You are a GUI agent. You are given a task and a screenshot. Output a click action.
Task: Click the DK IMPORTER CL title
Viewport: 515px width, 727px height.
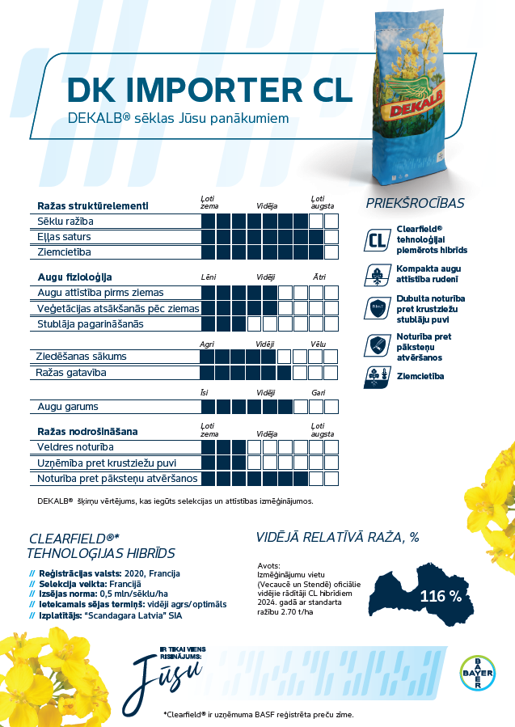pyautogui.click(x=209, y=91)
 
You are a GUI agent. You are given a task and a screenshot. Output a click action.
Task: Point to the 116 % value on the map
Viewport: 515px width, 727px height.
pyautogui.click(x=440, y=597)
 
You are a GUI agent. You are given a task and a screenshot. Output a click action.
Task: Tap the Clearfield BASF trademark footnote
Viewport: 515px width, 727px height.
pyautogui.click(x=259, y=715)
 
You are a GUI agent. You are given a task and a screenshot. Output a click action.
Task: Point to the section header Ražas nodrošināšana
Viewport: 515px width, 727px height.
pyautogui.click(x=87, y=431)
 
